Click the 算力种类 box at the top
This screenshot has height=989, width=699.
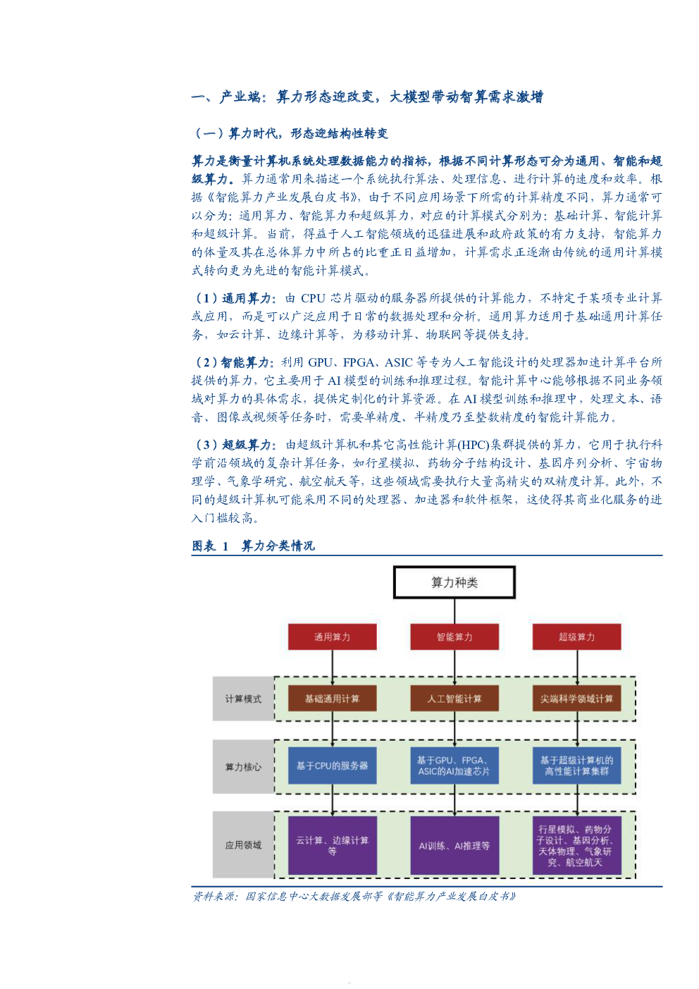pos(454,582)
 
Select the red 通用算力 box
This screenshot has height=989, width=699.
pos(333,637)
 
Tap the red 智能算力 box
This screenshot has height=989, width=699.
pos(454,637)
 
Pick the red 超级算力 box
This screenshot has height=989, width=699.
pos(577,637)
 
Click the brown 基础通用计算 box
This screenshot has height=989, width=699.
pos(333,699)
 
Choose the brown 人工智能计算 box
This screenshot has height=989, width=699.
pos(454,699)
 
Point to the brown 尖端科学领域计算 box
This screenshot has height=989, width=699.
pos(577,699)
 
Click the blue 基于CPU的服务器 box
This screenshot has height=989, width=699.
pos(333,766)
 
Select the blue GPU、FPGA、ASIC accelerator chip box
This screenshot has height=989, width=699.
pos(454,766)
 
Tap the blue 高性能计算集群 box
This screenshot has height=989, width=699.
pos(577,766)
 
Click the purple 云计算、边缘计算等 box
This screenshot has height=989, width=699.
pos(333,845)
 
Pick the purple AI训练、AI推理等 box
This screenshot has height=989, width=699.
pos(454,845)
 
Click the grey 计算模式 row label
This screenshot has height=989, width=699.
pos(243,699)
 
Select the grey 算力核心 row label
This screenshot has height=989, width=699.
pos(243,766)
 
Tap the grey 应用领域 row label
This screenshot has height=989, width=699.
pos(243,845)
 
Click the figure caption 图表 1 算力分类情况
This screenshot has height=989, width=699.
pos(253,546)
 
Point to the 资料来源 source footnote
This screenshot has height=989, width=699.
pos(354,896)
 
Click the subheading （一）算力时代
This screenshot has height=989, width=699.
pos(291,133)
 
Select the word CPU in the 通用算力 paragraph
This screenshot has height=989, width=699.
pos(313,298)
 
